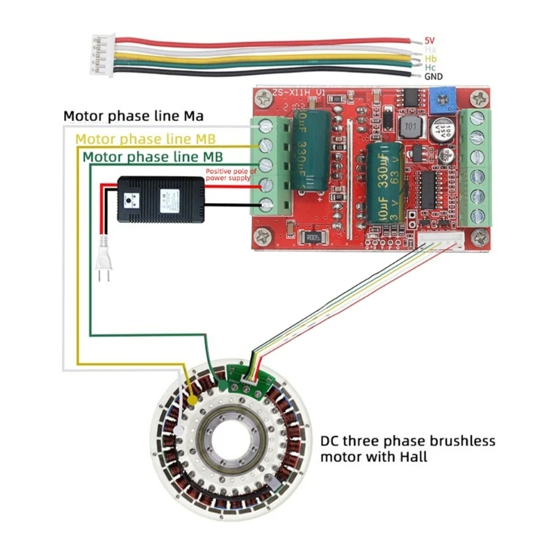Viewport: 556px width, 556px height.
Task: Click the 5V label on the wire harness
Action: coord(430,40)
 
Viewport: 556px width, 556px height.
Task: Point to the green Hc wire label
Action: coord(431,67)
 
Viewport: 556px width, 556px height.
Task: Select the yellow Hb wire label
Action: coord(431,58)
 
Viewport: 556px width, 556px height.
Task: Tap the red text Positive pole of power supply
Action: coord(231,174)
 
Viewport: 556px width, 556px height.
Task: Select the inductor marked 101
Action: coord(411,129)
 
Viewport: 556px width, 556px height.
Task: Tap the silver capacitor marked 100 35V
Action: coord(443,132)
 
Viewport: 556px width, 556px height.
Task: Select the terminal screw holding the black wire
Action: coord(266,205)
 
